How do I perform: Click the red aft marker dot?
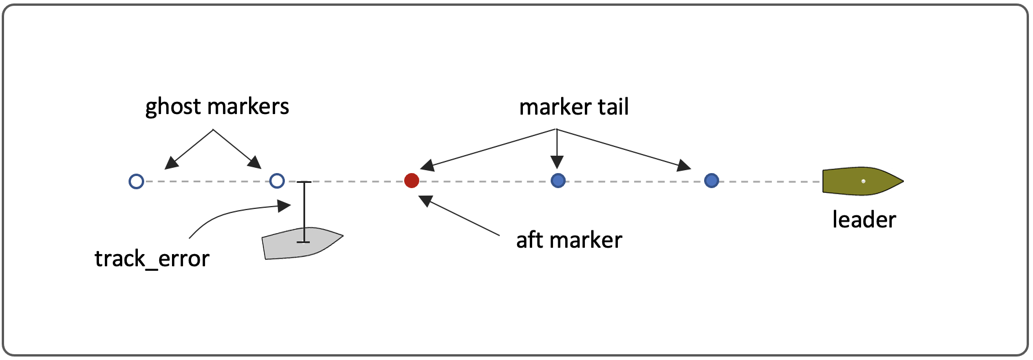click(x=412, y=181)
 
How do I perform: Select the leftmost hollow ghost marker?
click(x=136, y=182)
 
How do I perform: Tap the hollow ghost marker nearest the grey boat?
click(x=277, y=181)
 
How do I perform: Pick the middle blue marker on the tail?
click(x=558, y=181)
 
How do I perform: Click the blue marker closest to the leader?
click(x=712, y=181)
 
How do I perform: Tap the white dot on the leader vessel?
click(x=863, y=181)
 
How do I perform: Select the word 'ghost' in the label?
click(x=173, y=107)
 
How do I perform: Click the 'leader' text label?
click(x=864, y=220)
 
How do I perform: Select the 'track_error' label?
click(x=152, y=259)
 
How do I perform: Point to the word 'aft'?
click(x=529, y=240)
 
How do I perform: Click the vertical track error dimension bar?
click(x=304, y=212)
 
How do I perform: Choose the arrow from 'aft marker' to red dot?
click(x=460, y=216)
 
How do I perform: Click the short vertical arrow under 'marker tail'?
click(x=557, y=148)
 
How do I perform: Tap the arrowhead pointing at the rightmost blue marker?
click(x=684, y=166)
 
